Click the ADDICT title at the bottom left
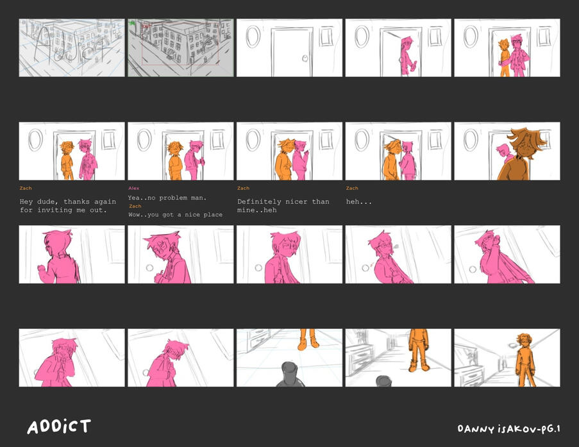59,426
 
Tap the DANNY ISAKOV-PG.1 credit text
509,428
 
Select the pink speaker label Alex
133,188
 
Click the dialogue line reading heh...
358,202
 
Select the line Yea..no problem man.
167,198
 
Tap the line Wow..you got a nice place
176,215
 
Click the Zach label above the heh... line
352,188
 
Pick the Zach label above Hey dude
26,188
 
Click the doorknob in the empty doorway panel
305,58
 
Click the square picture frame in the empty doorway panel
326,36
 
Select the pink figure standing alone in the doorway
407,55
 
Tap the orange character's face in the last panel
524,342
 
